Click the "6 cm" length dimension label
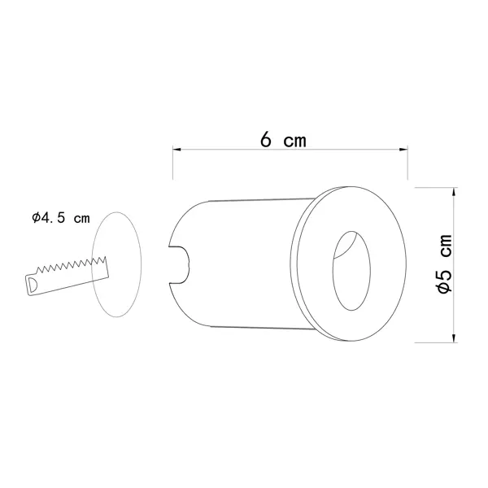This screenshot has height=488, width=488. tap(283, 140)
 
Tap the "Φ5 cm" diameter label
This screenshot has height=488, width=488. tap(444, 264)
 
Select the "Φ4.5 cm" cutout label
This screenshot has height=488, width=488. tap(61, 217)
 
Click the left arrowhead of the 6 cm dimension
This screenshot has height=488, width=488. tap(176, 150)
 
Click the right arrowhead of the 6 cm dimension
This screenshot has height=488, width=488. tap(403, 150)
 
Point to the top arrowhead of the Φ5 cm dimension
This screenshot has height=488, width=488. tap(455, 191)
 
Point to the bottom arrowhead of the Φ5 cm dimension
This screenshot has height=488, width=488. tap(455, 338)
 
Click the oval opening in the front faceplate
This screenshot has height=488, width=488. tap(351, 271)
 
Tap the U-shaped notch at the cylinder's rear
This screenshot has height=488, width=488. tap(179, 265)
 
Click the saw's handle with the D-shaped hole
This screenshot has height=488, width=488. tap(32, 285)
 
